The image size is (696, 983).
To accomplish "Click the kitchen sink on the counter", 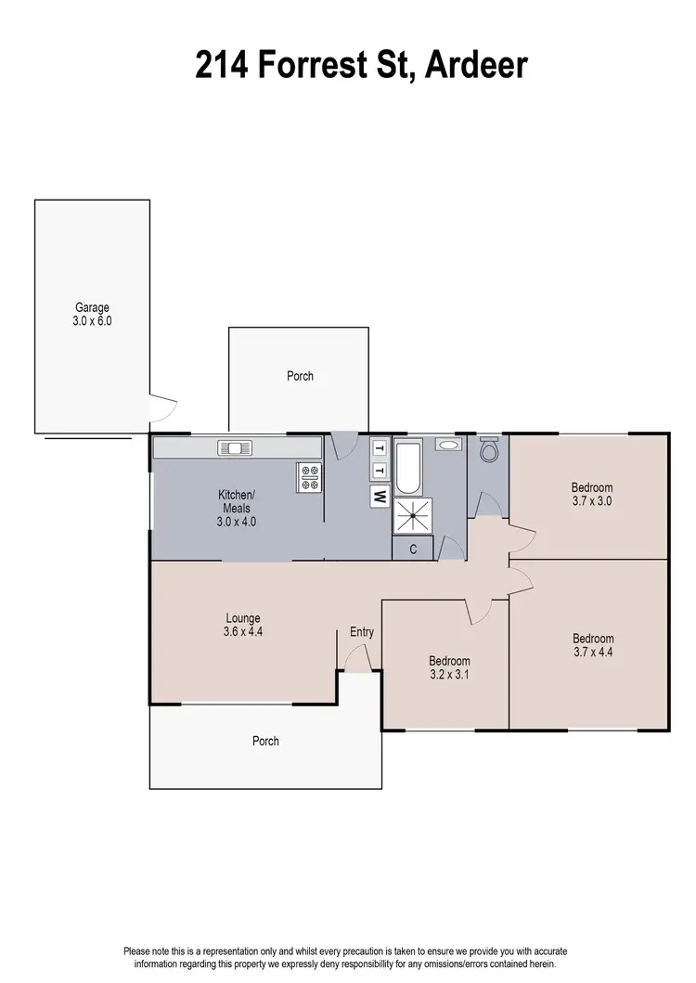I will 235,448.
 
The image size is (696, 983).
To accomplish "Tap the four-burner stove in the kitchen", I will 308,476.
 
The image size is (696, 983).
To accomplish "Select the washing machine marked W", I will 379,496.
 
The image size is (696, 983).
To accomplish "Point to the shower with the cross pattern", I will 412,516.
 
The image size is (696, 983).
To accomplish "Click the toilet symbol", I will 489,451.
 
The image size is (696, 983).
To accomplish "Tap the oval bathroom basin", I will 447,445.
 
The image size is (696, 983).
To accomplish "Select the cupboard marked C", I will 412,549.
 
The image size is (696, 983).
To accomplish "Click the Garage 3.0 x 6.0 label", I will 92,314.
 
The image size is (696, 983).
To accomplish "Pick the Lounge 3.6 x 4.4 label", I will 243,625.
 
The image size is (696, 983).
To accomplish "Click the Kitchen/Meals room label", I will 237,508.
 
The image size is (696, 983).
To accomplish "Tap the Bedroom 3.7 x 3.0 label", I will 591,494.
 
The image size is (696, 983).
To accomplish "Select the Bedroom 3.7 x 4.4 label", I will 592,645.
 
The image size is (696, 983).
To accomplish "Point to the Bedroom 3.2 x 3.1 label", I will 448,667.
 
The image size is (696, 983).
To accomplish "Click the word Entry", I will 362,633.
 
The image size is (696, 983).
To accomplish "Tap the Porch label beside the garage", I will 300,376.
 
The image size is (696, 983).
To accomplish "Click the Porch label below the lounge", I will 265,741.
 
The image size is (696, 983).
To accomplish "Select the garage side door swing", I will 163,406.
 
